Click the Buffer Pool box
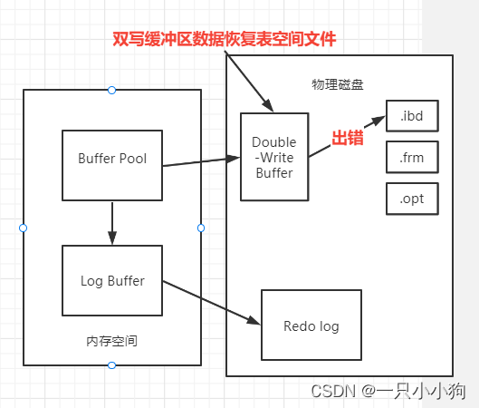[111, 165]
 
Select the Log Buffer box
[111, 279]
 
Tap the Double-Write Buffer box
[273, 156]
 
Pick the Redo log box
[311, 325]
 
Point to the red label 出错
[346, 139]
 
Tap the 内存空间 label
[111, 341]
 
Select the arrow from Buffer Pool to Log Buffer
[111, 222]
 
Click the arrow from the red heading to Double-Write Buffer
[246, 78]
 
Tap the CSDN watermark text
[388, 391]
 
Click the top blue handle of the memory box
[111, 90]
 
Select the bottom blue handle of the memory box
[111, 365]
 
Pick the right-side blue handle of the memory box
[201, 228]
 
